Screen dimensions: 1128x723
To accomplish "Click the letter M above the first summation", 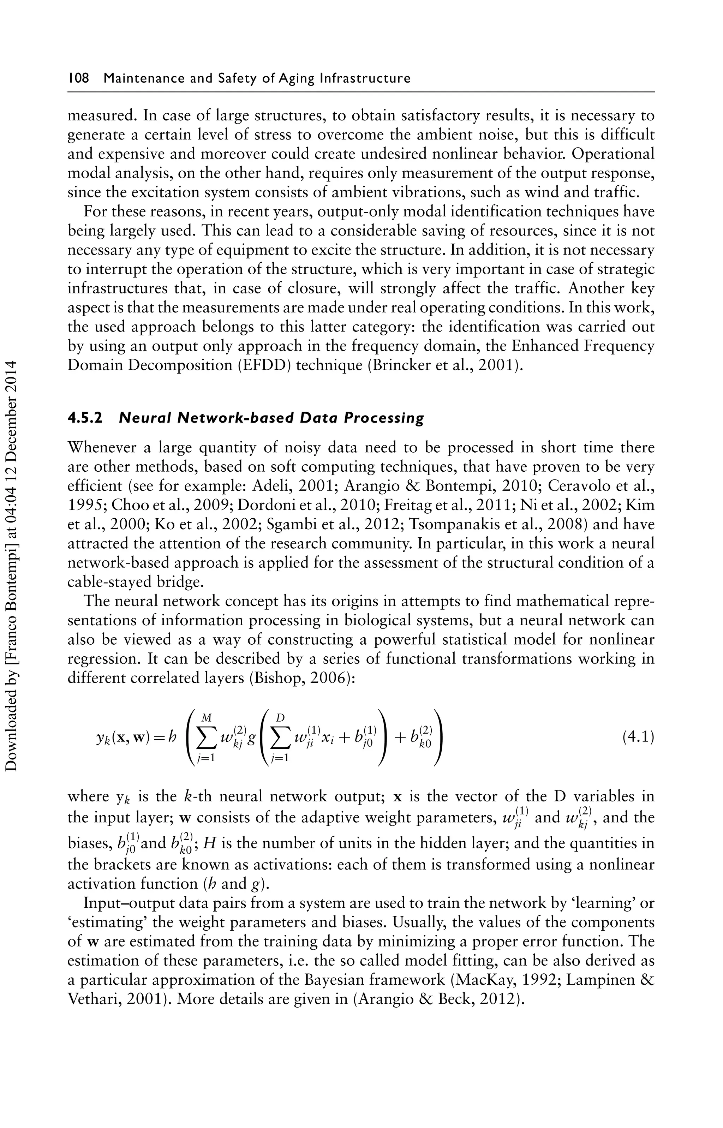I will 205,717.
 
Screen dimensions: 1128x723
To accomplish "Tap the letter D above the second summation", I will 280,717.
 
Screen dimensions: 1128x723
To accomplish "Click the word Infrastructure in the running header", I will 364,78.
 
